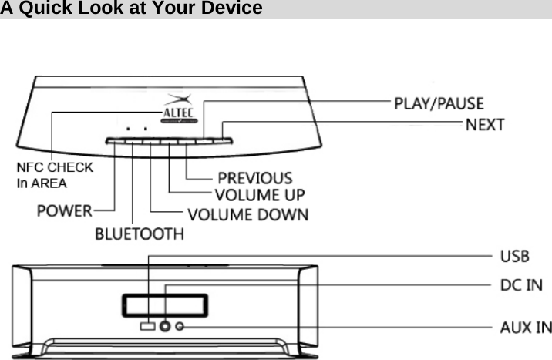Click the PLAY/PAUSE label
439,103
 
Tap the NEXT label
485,124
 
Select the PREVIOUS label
255,179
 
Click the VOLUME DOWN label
247,214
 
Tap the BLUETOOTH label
140,234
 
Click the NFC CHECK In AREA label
54,175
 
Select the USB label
514,256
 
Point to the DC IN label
520,286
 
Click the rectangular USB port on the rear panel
148,327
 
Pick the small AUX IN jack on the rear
181,327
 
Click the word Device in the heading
233,8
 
